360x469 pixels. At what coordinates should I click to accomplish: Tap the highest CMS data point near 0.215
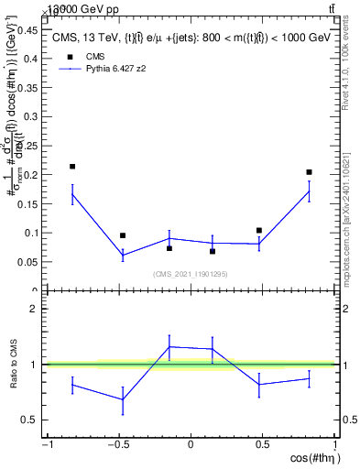72,167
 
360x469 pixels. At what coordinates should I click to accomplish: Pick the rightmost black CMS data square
310,172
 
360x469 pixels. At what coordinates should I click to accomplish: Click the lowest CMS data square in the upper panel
213,251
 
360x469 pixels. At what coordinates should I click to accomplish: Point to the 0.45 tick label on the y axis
30,29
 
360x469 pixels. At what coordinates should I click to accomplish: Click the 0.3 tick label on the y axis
33,116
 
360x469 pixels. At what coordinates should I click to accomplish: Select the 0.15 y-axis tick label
30,203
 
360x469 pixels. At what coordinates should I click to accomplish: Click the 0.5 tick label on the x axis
262,445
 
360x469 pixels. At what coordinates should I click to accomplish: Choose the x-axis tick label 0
191,445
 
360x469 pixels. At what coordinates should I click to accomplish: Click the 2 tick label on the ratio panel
36,309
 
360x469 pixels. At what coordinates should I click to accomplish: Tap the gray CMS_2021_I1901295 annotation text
190,274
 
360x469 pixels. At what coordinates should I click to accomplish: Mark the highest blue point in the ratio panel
169,346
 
